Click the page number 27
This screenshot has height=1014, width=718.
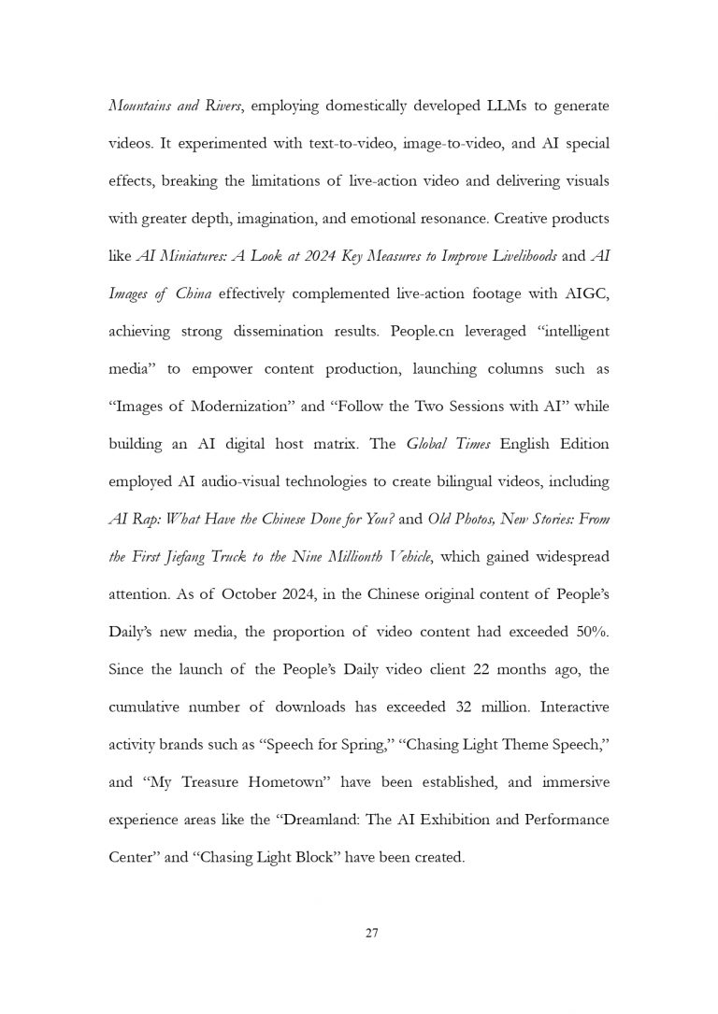click(x=370, y=932)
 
